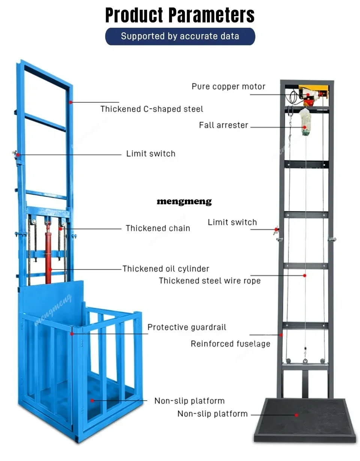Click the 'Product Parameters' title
[180, 15]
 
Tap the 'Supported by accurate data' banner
[180, 36]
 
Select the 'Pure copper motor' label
[228, 87]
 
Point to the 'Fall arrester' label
[223, 125]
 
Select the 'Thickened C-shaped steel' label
[152, 109]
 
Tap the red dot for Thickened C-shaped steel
[70, 102]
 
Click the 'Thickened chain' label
[158, 228]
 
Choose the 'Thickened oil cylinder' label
[166, 269]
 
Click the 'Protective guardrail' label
[187, 327]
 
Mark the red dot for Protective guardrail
[72, 334]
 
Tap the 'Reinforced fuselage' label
[231, 344]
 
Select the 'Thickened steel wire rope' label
[210, 281]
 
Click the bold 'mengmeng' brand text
[184, 201]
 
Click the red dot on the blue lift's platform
[92, 401]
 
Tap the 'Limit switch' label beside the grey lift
[232, 222]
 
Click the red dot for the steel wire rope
[304, 275]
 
